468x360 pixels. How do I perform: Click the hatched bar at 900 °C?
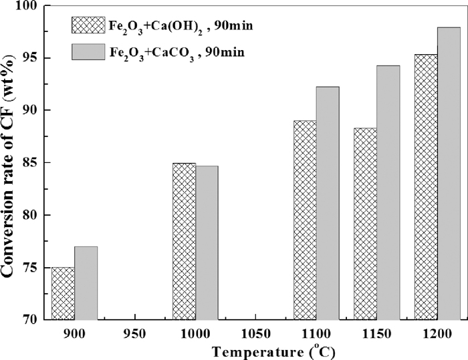(63, 293)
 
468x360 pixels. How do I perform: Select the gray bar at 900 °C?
(86, 283)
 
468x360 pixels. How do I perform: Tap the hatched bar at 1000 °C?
(184, 241)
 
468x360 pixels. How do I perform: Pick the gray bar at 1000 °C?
(207, 242)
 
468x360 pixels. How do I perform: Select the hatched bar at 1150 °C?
(365, 224)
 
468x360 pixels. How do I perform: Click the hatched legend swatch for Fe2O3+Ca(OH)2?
(88, 25)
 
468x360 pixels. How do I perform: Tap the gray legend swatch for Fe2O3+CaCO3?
(88, 51)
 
